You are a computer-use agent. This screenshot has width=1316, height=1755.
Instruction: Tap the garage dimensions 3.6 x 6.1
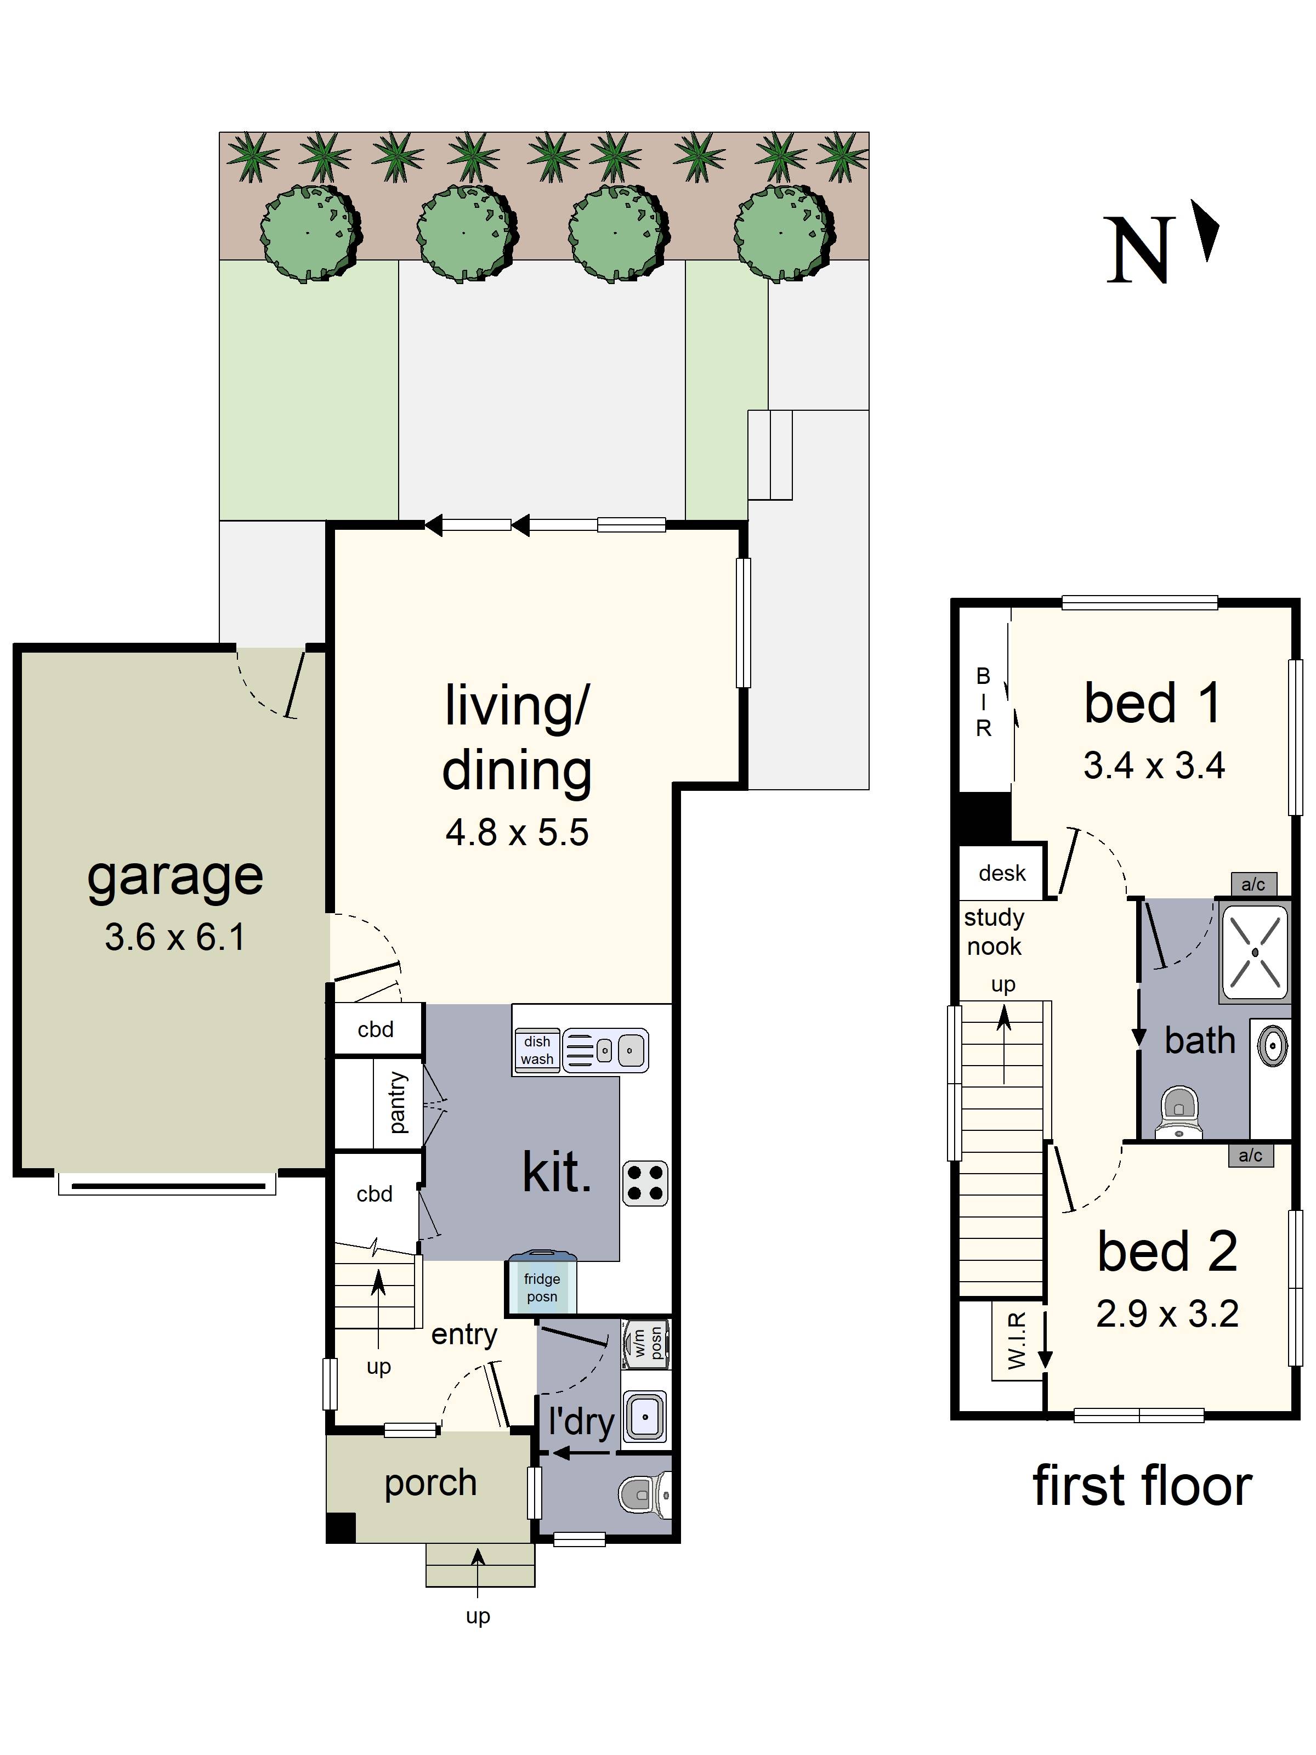(174, 937)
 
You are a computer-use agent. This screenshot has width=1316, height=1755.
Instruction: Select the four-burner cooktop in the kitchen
(644, 1183)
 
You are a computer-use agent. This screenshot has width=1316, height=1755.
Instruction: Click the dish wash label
(537, 1050)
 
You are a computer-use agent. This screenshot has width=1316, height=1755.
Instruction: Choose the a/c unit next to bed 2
(1250, 1155)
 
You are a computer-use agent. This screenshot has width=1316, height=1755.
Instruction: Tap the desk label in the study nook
(1002, 874)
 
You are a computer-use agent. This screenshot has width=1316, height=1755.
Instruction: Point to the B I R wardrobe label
(983, 702)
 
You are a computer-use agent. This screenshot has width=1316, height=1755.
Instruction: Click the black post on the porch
(341, 1527)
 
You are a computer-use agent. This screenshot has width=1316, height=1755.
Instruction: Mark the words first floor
(1142, 1487)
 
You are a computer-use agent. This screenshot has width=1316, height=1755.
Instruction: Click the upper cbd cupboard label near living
(375, 1030)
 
